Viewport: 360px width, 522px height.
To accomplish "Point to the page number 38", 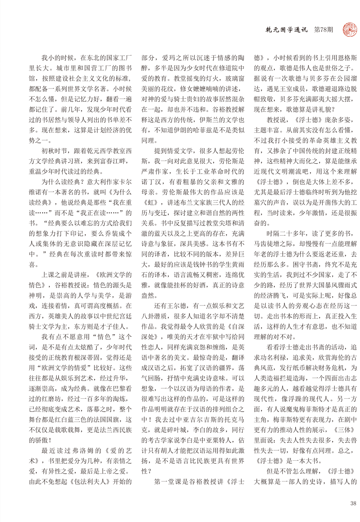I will tap(352, 503).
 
